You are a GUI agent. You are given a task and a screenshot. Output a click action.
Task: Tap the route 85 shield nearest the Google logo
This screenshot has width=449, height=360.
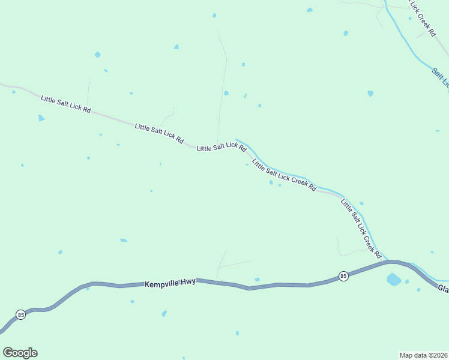[20, 314]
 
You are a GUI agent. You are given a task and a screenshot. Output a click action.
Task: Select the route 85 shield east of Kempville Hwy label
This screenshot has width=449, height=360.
[343, 276]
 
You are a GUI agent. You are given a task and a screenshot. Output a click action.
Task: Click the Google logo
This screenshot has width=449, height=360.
[20, 353]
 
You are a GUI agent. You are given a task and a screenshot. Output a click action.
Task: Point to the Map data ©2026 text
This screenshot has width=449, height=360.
[423, 355]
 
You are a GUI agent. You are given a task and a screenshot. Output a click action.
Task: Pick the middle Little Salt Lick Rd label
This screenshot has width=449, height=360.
[159, 133]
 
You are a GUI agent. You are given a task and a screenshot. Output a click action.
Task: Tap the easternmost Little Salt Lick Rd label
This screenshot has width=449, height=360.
[221, 146]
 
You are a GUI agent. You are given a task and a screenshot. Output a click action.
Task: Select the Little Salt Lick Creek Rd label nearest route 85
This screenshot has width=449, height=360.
[361, 229]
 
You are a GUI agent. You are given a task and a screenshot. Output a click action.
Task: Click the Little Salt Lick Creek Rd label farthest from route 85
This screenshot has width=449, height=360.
[284, 175]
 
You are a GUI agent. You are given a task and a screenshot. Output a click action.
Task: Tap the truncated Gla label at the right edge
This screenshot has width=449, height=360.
[443, 289]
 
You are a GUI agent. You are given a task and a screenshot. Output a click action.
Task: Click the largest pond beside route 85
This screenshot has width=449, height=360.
[394, 279]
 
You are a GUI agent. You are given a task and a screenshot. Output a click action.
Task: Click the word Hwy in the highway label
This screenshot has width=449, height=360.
[188, 281]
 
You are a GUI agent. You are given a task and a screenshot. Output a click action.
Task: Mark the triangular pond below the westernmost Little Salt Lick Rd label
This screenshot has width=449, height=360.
[41, 118]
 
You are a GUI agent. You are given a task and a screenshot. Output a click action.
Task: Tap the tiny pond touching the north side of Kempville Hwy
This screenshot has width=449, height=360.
[257, 279]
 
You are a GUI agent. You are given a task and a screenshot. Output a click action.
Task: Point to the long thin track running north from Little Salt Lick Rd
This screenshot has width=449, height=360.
[222, 90]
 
